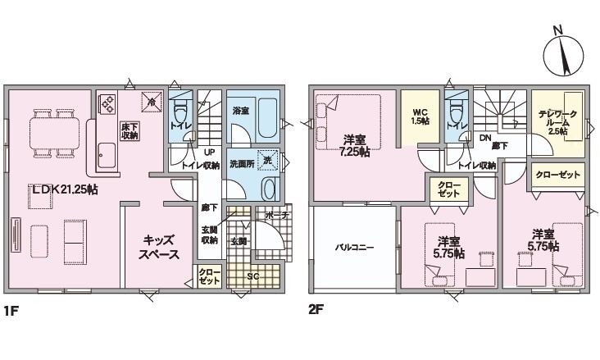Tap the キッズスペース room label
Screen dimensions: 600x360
(x=159, y=247)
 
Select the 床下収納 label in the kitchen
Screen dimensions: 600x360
(x=130, y=131)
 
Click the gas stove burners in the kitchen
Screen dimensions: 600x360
(x=107, y=104)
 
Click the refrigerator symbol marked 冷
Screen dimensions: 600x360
(x=152, y=102)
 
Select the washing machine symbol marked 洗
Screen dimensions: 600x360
(x=267, y=161)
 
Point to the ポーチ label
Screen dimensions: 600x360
(x=276, y=215)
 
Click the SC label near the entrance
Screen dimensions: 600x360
(x=252, y=276)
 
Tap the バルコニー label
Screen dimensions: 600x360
(x=354, y=248)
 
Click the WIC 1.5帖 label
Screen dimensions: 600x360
(x=420, y=117)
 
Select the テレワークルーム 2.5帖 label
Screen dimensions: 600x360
(x=557, y=122)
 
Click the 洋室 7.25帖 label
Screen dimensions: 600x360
(x=354, y=146)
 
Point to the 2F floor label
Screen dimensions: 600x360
(x=316, y=309)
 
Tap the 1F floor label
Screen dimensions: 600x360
(x=11, y=309)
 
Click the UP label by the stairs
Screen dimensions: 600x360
(x=209, y=152)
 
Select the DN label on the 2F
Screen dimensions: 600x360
(x=485, y=138)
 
